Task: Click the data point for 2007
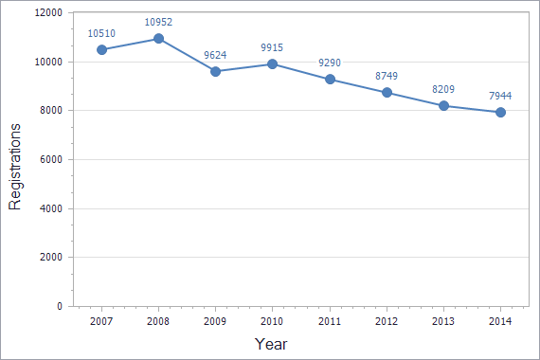101,49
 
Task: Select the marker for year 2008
158,39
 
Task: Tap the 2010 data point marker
272,64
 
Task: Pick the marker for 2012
387,93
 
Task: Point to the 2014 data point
500,112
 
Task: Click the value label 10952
158,22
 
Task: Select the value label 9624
215,54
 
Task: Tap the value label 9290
330,63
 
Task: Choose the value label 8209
443,89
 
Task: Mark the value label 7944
500,96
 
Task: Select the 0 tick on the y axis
59,306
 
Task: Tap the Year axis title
271,344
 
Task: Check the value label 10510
101,32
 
